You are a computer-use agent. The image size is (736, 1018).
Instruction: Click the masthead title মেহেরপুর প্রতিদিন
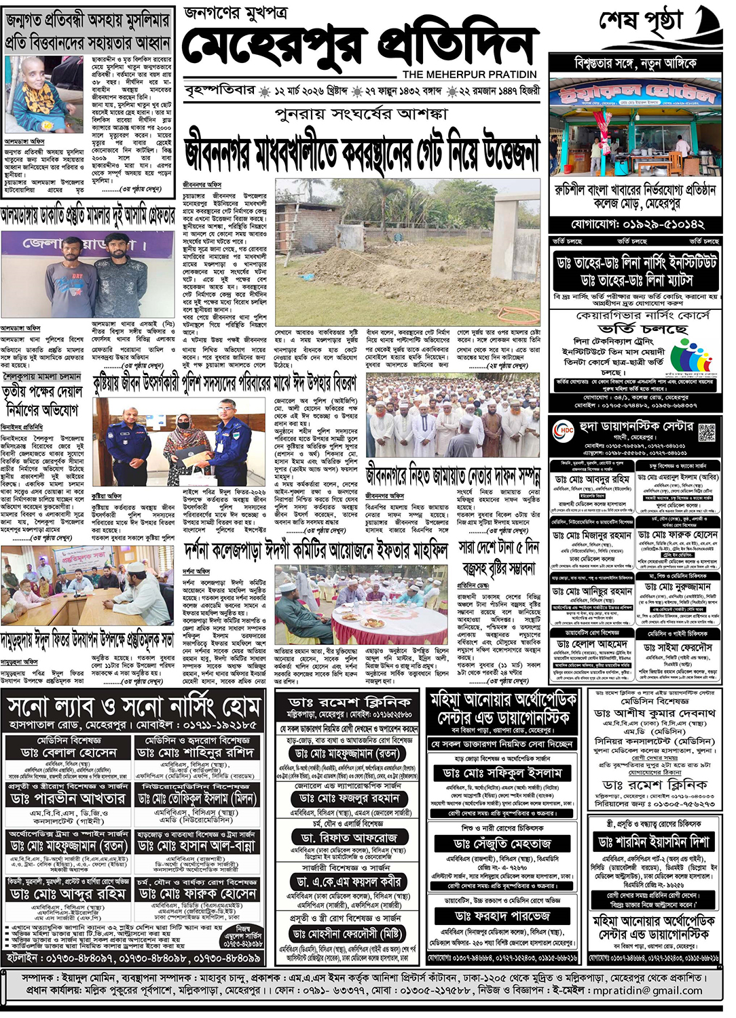pos(360,46)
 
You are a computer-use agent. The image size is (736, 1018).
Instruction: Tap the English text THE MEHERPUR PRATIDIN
pos(469,75)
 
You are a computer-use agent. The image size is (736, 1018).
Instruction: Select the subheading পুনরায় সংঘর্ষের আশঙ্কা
pos(361,113)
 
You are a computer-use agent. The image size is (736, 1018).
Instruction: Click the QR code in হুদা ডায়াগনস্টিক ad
pos(707,431)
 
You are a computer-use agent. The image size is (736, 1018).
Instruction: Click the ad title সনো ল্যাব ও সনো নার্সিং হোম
pos(134,707)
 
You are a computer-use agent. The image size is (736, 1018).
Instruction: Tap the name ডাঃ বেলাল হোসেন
pos(69,753)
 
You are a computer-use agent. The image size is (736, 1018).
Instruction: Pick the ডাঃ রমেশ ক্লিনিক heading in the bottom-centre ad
pos(350,701)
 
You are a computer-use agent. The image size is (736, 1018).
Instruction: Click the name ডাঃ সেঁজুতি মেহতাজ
pos(502,843)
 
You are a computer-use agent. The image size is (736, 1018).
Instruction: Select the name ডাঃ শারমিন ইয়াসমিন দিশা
pos(654,842)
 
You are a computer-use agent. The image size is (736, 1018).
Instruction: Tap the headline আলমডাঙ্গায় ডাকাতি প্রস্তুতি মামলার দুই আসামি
pos(88,216)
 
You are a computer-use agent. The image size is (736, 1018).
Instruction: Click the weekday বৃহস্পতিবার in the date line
pos(220,91)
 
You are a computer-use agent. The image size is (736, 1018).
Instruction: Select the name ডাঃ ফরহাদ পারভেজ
pos(502,916)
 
